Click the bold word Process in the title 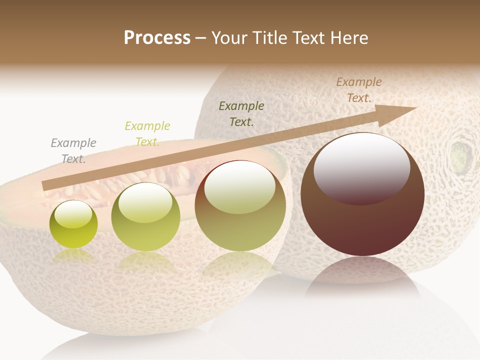point(157,37)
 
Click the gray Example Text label point(73,151)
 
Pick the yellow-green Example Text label point(147,133)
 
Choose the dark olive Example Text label point(241,113)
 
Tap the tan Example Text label point(359,90)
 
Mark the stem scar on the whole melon point(460,155)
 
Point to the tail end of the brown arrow point(45,186)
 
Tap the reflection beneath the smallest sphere point(73,256)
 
